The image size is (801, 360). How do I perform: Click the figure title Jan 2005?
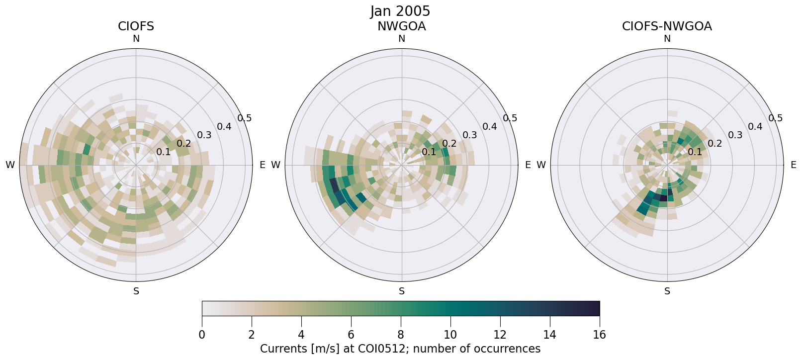point(400,11)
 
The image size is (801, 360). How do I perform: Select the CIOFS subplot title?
point(136,26)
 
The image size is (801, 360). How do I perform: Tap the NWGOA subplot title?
point(401,26)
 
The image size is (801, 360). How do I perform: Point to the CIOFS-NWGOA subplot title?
point(667,26)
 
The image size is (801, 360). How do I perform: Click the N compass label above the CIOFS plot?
point(136,39)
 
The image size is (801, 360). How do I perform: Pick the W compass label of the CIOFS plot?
point(10,165)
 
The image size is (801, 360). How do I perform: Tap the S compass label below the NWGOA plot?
point(402,291)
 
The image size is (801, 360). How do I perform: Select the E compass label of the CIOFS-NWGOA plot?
point(794,165)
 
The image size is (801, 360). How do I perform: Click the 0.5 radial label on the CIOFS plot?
point(244,118)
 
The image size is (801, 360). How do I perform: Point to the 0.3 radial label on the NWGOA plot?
point(470,135)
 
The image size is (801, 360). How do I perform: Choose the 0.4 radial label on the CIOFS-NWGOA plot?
point(755,127)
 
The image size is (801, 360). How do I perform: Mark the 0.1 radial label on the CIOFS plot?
point(164,152)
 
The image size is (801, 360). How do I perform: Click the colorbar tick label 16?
point(599,335)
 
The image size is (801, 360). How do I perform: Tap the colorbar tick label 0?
point(202,335)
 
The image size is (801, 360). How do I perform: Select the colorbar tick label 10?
point(450,335)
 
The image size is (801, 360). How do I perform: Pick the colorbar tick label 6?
point(351,335)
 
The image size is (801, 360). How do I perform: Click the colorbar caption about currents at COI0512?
point(400,349)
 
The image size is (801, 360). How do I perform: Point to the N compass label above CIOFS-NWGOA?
point(667,39)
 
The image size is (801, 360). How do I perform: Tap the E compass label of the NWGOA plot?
point(528,165)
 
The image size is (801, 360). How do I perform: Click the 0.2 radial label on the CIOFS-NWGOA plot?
point(715,143)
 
